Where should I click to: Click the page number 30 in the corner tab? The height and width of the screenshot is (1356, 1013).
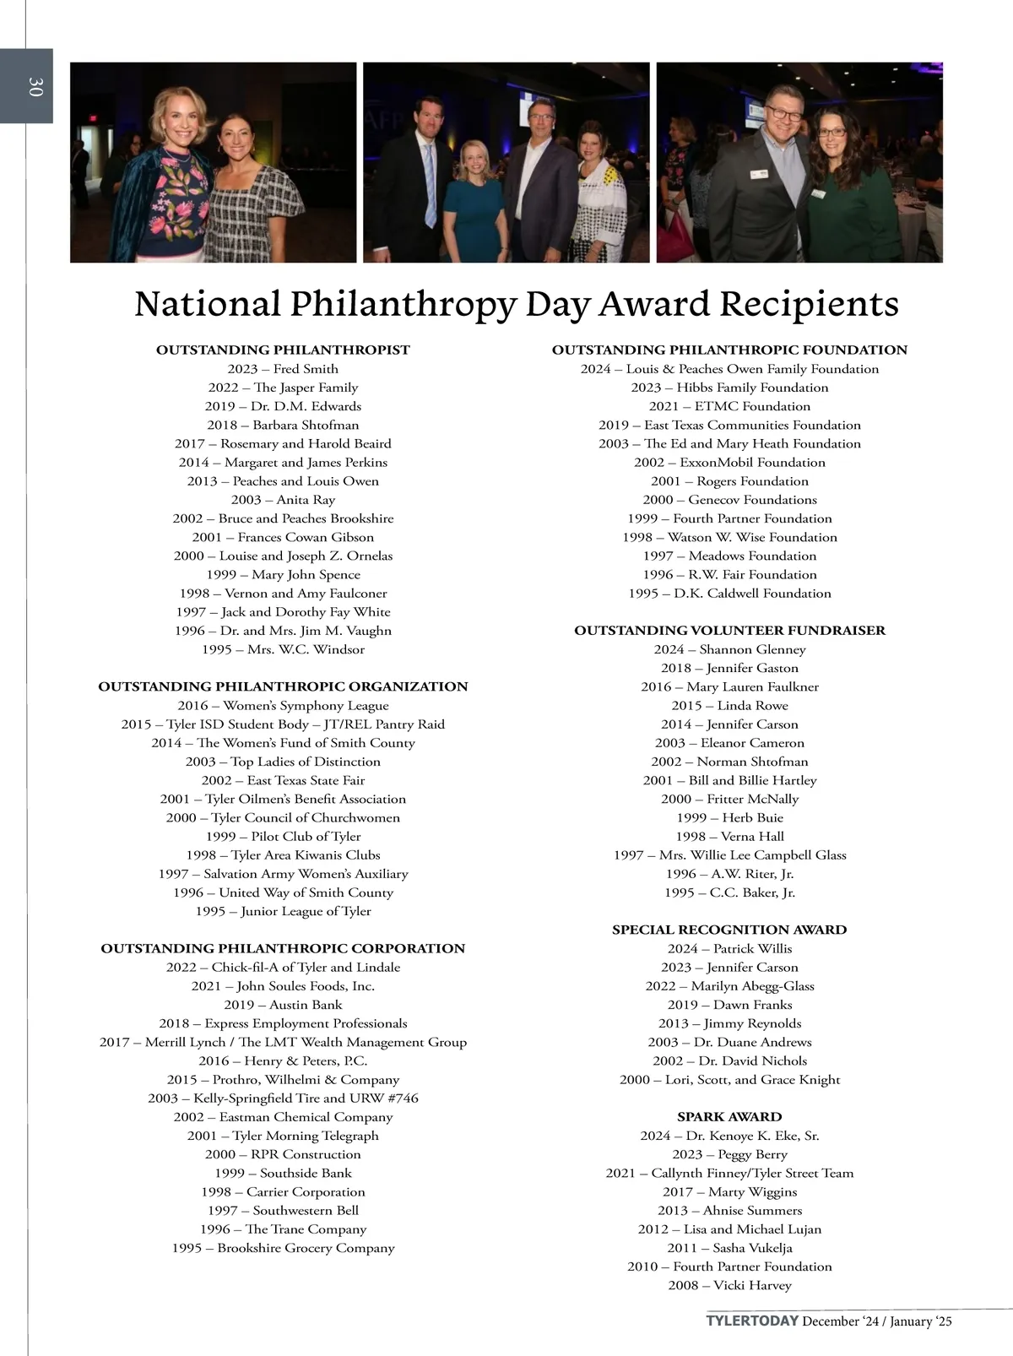35,86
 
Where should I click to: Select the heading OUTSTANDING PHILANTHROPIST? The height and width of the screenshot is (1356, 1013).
283,350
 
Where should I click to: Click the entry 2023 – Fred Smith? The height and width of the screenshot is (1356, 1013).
283,369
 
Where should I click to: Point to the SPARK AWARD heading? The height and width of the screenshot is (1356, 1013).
729,1116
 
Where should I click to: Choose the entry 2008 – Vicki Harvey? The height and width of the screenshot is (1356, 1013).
729,1285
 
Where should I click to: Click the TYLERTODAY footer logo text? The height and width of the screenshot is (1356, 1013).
752,1321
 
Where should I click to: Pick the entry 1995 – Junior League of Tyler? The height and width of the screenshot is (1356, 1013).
283,911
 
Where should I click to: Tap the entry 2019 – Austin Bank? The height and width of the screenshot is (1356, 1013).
283,1005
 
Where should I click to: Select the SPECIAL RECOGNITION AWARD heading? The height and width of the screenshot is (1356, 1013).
729,930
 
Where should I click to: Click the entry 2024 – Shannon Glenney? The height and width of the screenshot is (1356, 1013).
729,649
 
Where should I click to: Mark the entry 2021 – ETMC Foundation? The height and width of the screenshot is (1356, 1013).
729,406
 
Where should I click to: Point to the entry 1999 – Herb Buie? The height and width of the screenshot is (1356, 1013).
729,817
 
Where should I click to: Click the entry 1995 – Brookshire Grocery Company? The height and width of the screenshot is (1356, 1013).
283,1248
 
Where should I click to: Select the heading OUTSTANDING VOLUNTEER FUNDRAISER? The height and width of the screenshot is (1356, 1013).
729,631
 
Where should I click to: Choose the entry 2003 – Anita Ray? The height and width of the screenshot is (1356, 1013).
283,500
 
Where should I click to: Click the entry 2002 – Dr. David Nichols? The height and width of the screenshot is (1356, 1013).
729,1060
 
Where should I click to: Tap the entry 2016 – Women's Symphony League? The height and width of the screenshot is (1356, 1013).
283,706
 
